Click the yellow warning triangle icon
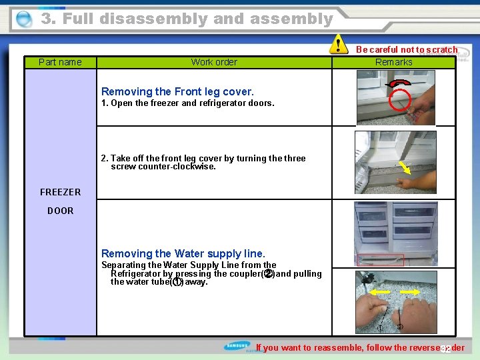(340, 45)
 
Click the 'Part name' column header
(60, 62)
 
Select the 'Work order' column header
(214, 62)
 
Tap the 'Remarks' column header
(393, 62)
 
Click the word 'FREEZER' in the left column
(60, 192)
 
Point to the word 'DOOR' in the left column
(60, 211)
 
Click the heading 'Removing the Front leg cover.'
(177, 91)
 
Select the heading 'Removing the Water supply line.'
(183, 253)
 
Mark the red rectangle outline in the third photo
(381, 260)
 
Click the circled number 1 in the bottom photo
(380, 327)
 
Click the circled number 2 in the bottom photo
(399, 327)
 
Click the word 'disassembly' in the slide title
(154, 19)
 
